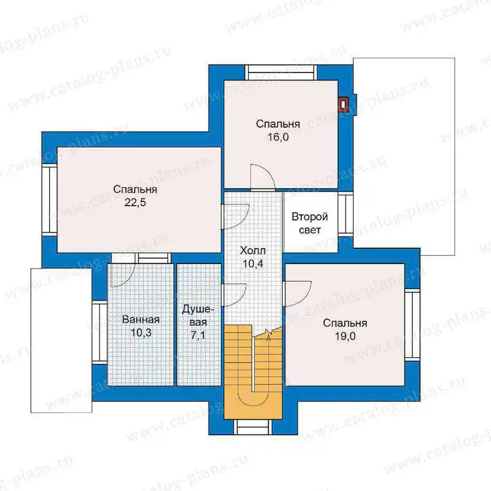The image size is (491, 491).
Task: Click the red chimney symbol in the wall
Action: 344,105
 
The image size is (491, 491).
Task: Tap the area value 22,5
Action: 135,203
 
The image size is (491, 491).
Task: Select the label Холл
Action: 253,250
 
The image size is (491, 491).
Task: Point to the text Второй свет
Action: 310,223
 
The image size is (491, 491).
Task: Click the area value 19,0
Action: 345,336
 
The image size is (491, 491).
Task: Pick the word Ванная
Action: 141,319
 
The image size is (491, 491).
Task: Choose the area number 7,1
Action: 198,335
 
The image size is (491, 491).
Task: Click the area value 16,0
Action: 278,137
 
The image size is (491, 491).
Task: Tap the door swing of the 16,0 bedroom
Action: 263,177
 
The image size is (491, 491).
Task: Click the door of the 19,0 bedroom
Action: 297,294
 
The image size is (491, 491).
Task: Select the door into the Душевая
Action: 234,295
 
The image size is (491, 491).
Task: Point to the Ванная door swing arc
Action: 123,275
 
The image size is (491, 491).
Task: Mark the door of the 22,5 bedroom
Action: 236,217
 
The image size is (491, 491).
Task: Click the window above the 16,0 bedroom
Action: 281,72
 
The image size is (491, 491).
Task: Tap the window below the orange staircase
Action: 253,427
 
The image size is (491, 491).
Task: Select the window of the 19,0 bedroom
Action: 412,325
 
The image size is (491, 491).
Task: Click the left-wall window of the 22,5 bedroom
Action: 50,200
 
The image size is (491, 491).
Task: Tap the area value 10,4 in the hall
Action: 253,264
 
